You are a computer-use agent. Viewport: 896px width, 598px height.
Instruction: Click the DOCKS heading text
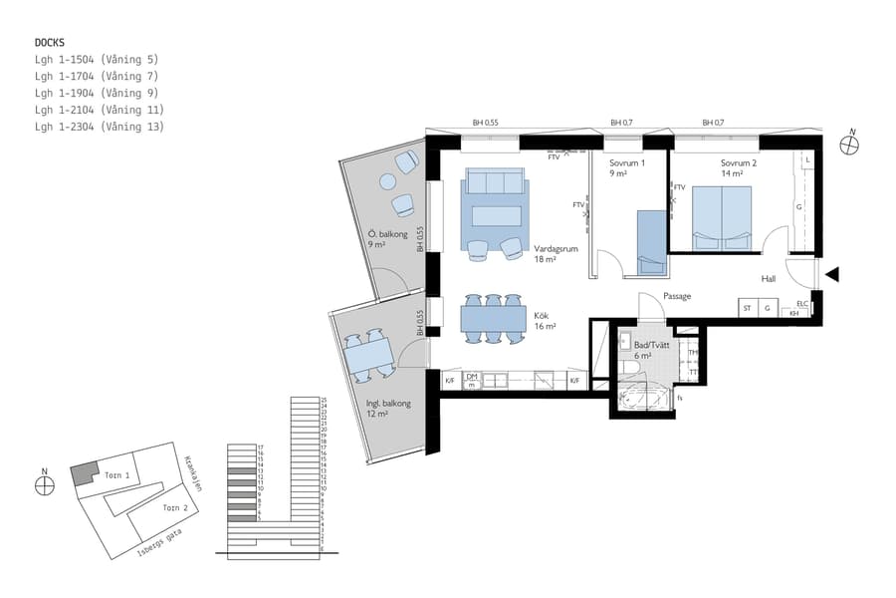point(50,43)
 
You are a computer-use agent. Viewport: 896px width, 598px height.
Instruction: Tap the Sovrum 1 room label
point(627,162)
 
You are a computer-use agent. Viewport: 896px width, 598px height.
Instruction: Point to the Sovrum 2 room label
point(739,162)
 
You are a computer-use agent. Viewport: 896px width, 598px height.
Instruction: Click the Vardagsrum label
point(555,249)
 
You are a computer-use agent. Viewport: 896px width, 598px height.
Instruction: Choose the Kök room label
point(544,314)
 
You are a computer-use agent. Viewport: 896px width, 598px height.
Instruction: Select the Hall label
point(769,279)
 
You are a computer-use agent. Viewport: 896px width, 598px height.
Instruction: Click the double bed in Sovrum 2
point(722,217)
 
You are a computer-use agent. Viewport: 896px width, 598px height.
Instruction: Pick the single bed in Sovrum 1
point(650,241)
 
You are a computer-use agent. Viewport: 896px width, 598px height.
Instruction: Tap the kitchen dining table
point(493,319)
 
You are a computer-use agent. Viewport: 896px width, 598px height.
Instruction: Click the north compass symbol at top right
point(849,146)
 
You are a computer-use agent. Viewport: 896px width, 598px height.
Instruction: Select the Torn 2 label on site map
point(174,507)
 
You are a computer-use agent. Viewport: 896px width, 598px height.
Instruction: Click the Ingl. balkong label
point(387,404)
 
